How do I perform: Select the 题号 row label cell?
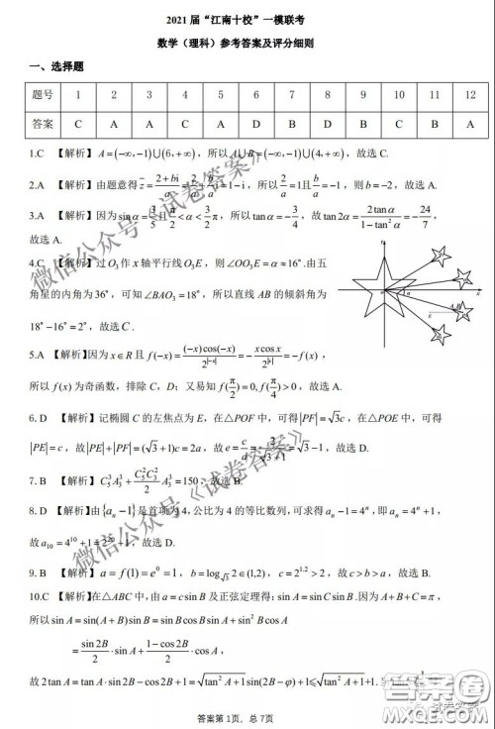pyautogui.click(x=43, y=95)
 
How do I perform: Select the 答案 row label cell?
pyautogui.click(x=43, y=125)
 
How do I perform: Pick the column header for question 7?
pyautogui.click(x=291, y=95)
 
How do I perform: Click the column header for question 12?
pyautogui.click(x=469, y=95)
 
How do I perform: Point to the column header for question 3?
pyautogui.click(x=148, y=95)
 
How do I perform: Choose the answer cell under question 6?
pyautogui.click(x=255, y=125)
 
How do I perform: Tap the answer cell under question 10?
pyautogui.click(x=398, y=125)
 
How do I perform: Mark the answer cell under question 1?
pyautogui.click(x=77, y=125)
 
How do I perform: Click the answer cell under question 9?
pyautogui.click(x=362, y=125)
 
